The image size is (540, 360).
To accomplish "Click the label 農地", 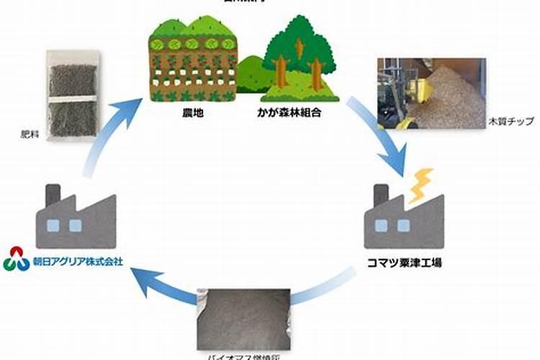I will tap(192, 113).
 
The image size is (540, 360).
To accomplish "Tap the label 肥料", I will tap(31, 134).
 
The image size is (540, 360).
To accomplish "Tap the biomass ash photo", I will tap(243, 317).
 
